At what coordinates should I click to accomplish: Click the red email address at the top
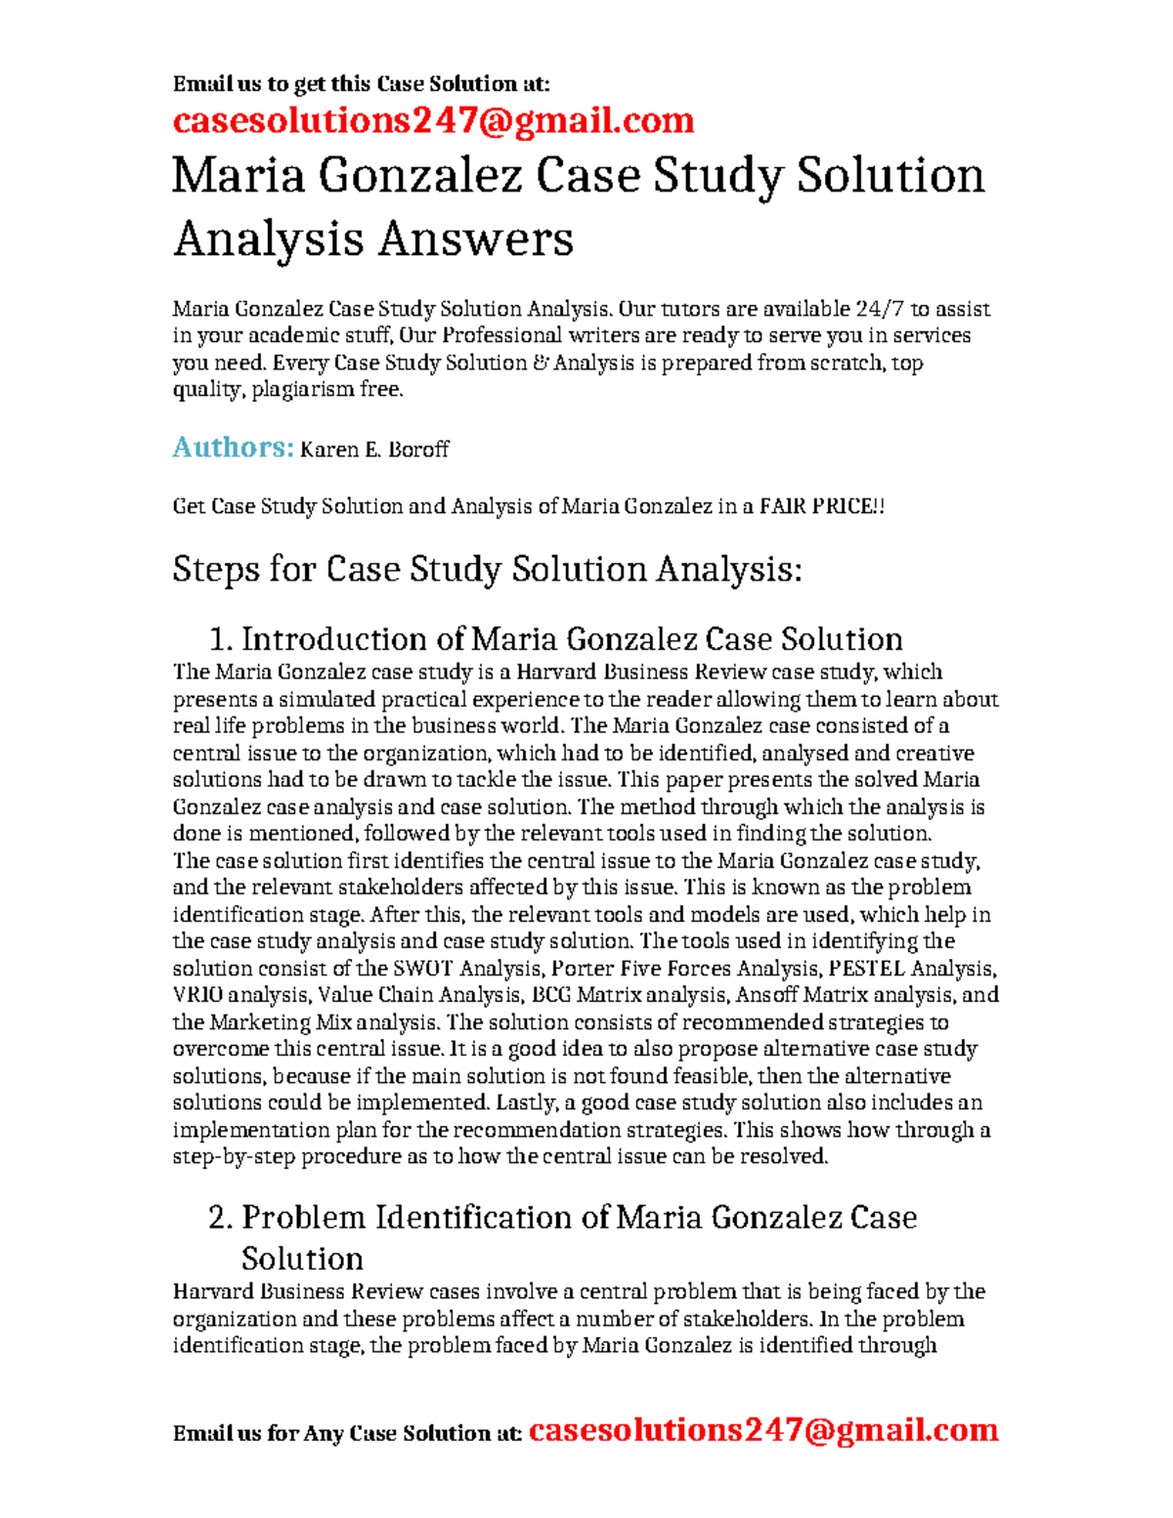coord(433,120)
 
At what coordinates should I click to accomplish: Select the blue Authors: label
coord(233,448)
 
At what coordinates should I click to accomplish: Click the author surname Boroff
coord(418,450)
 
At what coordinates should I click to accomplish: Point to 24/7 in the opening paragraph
coord(880,309)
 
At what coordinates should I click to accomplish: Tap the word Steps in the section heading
coord(215,569)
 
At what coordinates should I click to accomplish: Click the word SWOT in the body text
coord(422,969)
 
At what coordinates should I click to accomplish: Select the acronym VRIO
coord(197,995)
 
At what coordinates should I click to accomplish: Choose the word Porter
coord(583,969)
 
